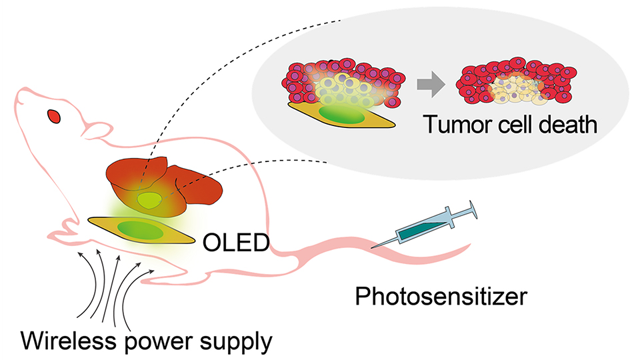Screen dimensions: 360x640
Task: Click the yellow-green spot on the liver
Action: (150, 199)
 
